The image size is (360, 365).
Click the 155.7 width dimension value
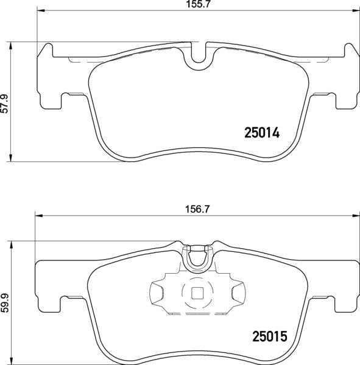click(198, 4)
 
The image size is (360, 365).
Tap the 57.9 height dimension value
click(4, 103)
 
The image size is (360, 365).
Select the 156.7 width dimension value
click(197, 209)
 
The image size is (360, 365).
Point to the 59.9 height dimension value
click(4, 302)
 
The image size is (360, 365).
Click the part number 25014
click(261, 133)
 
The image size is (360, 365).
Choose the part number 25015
click(269, 336)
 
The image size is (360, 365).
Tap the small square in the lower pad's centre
click(197, 293)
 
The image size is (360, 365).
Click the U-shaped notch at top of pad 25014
click(199, 58)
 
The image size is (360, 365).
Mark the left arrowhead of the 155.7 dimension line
click(40, 10)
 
